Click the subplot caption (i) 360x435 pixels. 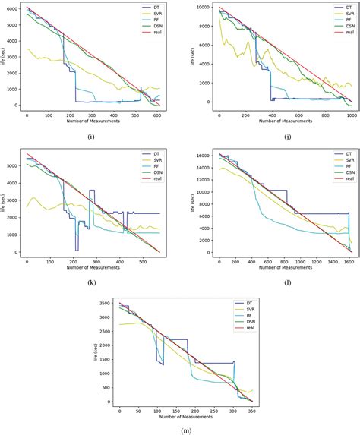[91, 137]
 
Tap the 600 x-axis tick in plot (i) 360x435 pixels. [157, 115]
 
